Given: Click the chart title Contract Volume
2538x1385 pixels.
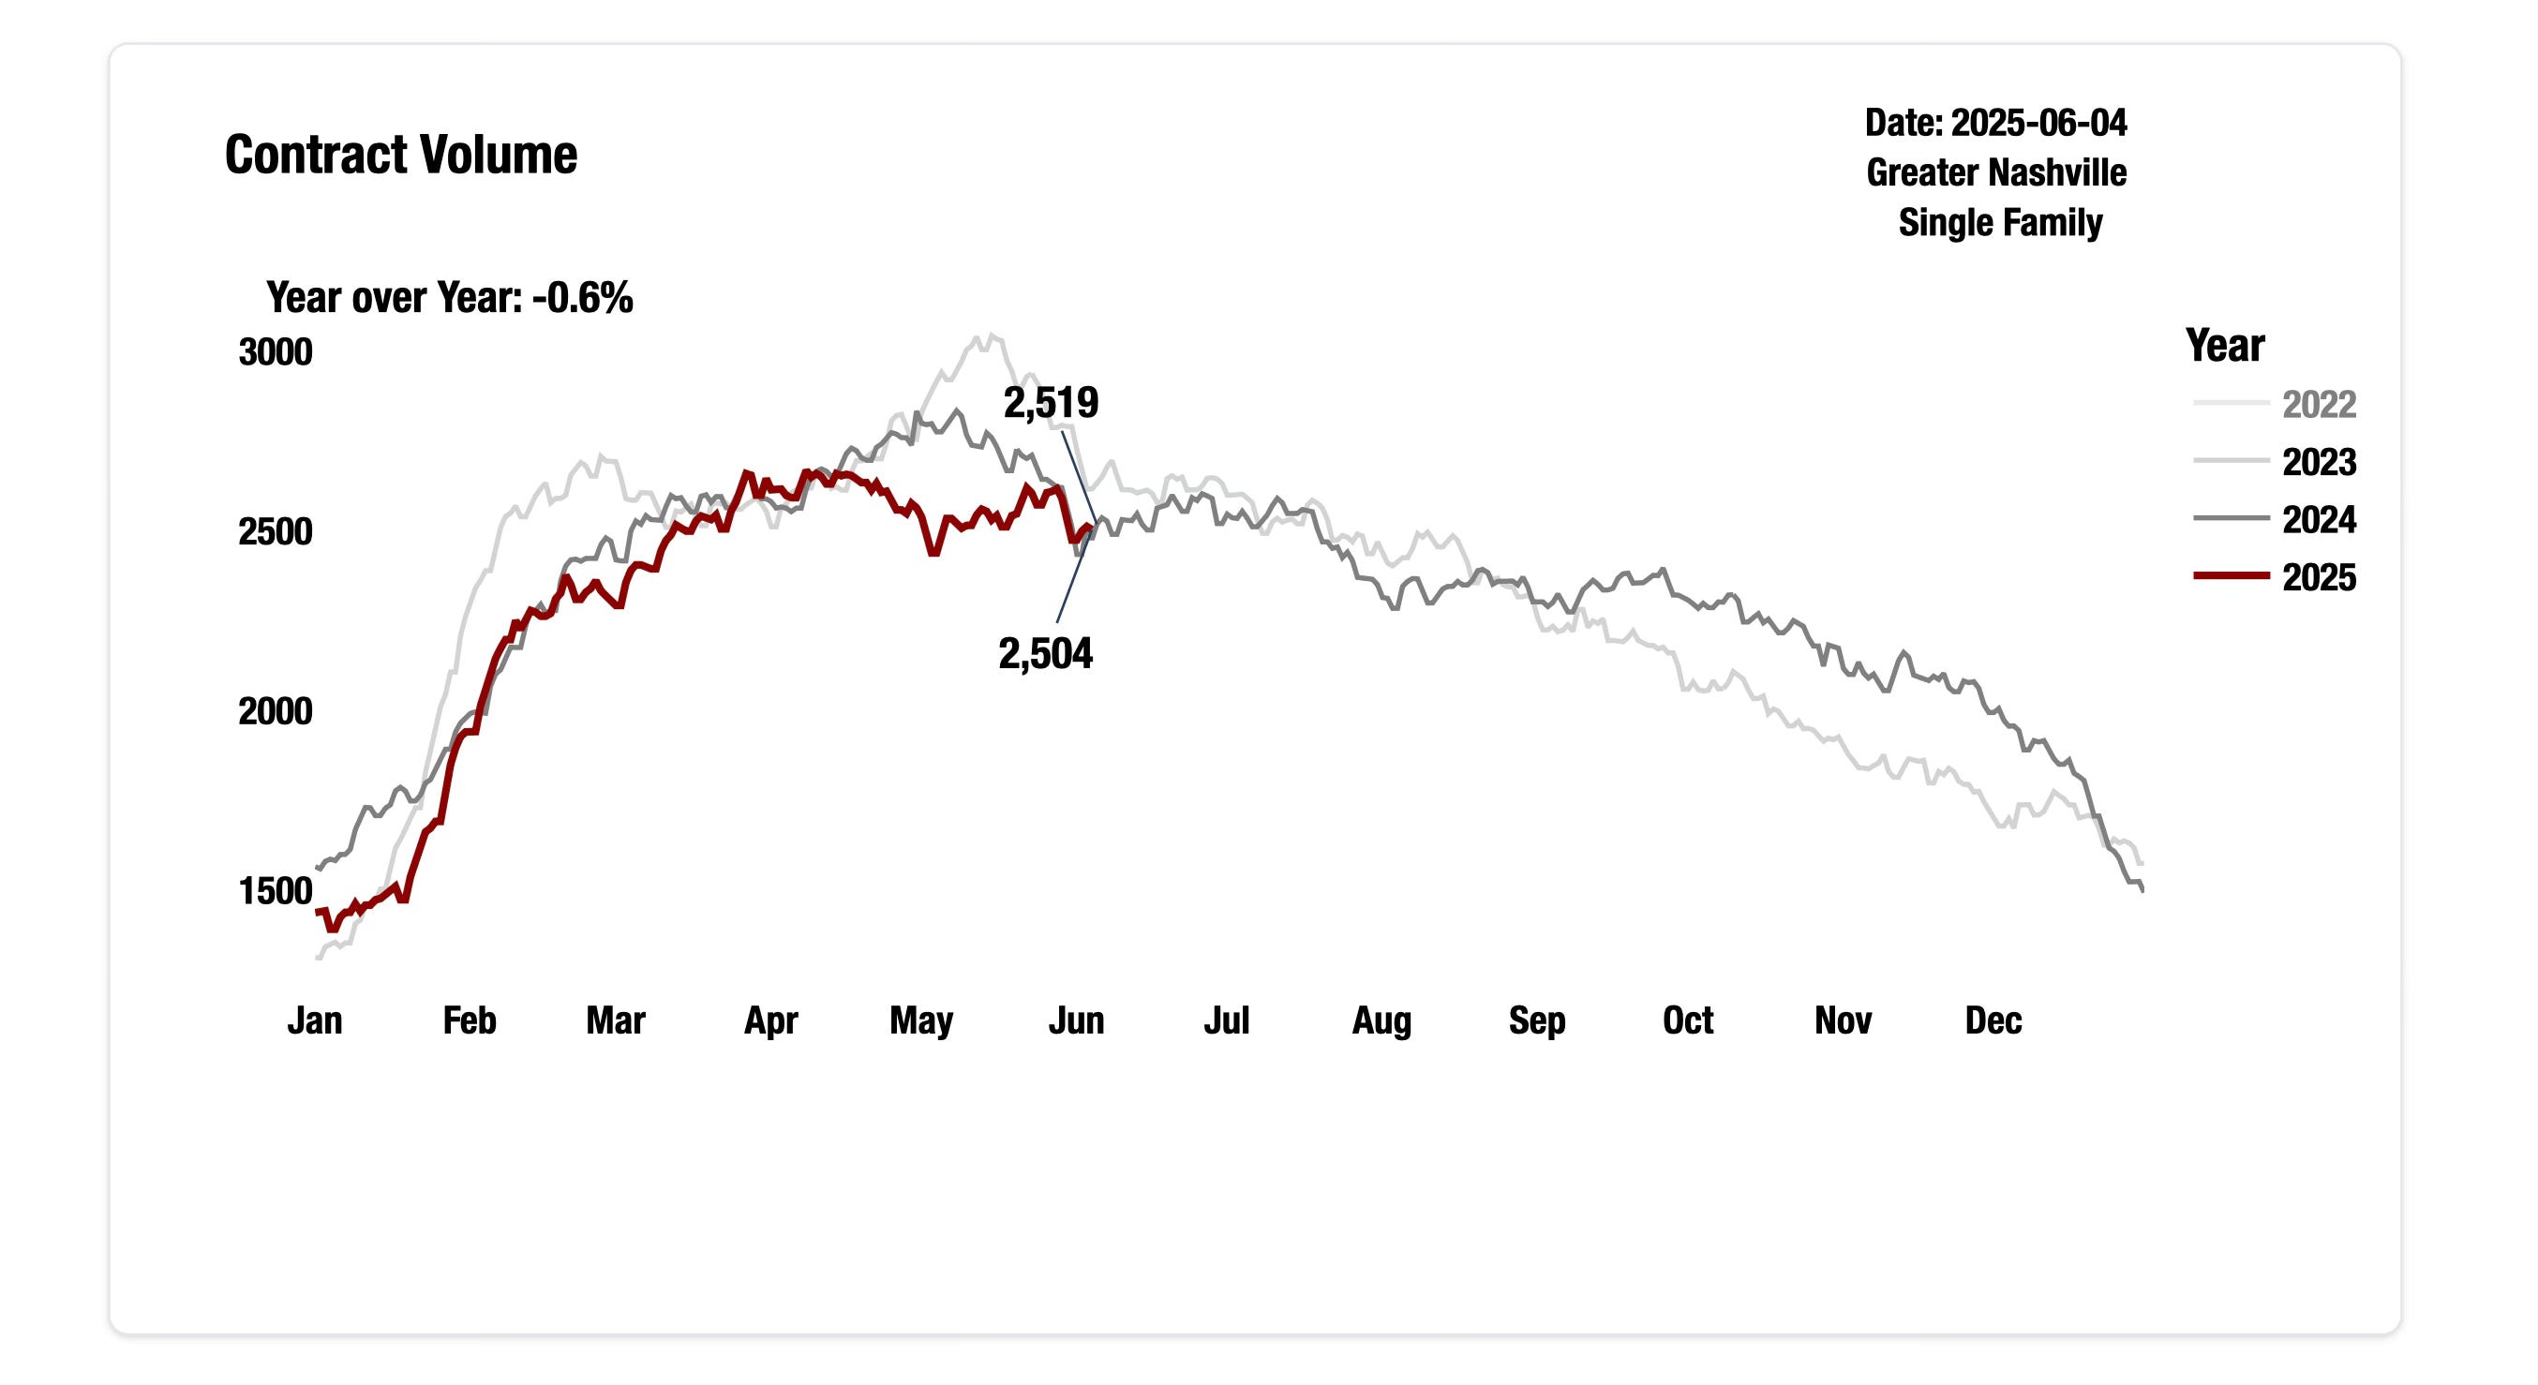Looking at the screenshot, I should tap(400, 155).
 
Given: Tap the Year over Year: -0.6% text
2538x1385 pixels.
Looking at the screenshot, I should tap(449, 297).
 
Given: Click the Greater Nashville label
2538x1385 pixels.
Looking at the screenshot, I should tap(1995, 172).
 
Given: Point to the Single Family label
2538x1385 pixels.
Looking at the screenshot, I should tap(1999, 223).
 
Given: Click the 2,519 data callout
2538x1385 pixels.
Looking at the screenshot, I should tap(1051, 403).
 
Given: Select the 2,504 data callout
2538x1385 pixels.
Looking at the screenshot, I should tap(1044, 654).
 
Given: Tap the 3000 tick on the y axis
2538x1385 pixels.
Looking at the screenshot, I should tap(275, 352).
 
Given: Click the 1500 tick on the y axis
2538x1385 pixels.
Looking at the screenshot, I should tap(275, 891).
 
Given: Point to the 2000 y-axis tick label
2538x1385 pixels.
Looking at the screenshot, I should tap(275, 711).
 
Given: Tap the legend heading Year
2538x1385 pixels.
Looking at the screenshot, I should tap(2224, 346).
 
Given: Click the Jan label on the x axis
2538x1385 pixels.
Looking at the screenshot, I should tap(314, 1020).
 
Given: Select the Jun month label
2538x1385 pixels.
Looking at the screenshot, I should tap(1075, 1020).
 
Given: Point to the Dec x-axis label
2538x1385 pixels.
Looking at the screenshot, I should tap(1993, 1020).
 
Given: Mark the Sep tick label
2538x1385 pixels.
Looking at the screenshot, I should tap(1536, 1020).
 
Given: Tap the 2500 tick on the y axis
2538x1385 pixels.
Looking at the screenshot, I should tap(275, 532).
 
